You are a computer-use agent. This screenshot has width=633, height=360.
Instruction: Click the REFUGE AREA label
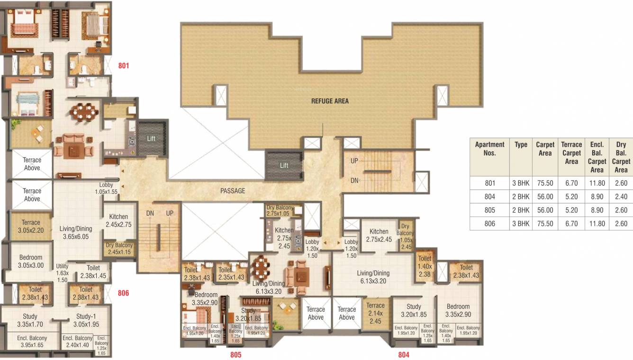tap(330, 101)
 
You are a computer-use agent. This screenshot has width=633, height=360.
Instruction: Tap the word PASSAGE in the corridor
tap(233, 191)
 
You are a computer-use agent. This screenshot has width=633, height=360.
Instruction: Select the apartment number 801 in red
tap(123, 66)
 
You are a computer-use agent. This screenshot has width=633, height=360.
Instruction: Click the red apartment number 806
tap(123, 293)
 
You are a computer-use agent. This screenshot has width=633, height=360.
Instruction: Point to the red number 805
tap(236, 354)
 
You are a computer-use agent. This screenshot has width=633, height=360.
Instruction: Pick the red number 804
tap(403, 354)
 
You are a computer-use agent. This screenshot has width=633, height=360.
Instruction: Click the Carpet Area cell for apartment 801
tap(545, 183)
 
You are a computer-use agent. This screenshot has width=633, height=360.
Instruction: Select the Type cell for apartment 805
tap(521, 210)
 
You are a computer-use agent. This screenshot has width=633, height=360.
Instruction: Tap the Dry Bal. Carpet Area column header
tap(621, 157)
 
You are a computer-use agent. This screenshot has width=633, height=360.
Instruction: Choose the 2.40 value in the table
tap(621, 197)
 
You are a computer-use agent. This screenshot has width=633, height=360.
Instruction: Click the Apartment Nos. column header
tap(489, 149)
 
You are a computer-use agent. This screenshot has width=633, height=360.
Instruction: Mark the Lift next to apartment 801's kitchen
tap(151, 139)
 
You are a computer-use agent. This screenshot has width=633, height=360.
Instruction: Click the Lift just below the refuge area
tap(284, 165)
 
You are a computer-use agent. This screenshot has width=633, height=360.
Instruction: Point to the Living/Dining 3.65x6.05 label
tap(76, 232)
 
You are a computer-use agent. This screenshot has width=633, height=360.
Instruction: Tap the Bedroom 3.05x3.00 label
tap(31, 261)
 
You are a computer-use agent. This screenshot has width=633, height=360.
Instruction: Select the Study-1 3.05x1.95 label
tap(86, 320)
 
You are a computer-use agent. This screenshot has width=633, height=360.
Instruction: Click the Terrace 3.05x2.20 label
tap(31, 226)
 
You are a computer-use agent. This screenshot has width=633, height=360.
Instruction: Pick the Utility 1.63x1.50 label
tap(63, 273)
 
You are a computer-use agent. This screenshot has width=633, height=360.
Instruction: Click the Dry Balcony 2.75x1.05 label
tap(278, 211)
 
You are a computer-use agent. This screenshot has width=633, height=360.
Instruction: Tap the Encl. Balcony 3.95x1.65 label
tap(32, 342)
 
